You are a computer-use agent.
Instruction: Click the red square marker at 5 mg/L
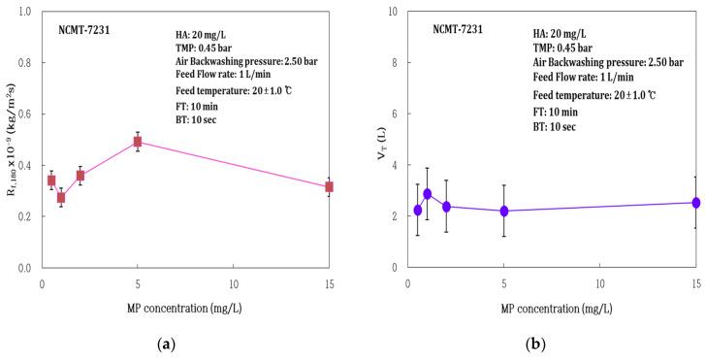[x=138, y=142]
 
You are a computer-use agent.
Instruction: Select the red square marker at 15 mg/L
[x=330, y=186]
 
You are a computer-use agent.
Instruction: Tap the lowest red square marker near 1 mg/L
[x=61, y=197]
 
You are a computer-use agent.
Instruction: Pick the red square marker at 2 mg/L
[x=80, y=176]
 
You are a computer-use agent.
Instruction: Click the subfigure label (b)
[x=536, y=343]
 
